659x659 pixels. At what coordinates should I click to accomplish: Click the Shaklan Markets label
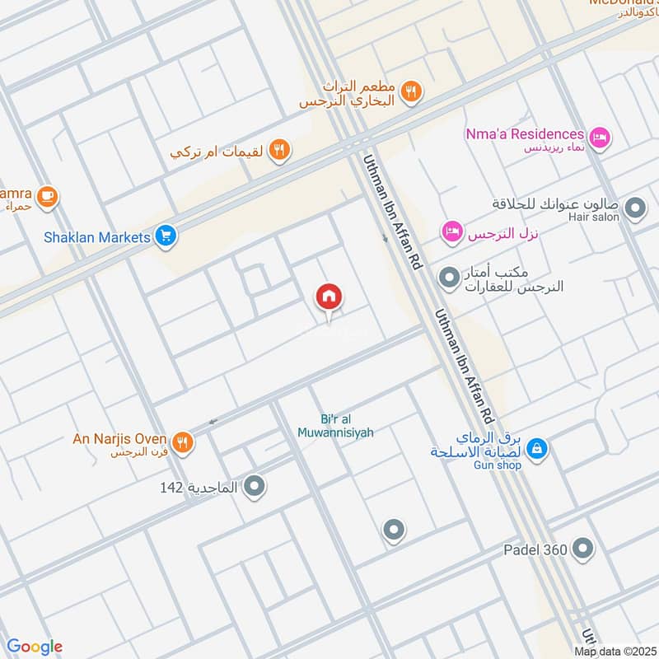click(97, 237)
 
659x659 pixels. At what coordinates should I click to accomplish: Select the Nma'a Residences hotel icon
click(600, 135)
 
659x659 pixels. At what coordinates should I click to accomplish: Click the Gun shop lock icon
click(536, 448)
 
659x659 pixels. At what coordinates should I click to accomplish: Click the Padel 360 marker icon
click(582, 548)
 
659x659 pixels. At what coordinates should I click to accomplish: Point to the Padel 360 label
click(536, 549)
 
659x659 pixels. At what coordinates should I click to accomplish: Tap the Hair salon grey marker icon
click(635, 209)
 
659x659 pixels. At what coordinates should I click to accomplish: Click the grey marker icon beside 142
click(255, 487)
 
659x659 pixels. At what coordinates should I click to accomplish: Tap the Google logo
click(35, 647)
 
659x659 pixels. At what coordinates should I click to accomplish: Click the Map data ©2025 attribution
click(615, 652)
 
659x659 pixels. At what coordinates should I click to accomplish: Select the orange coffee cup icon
click(48, 196)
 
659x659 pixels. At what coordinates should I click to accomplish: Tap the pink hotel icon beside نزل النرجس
click(451, 233)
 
